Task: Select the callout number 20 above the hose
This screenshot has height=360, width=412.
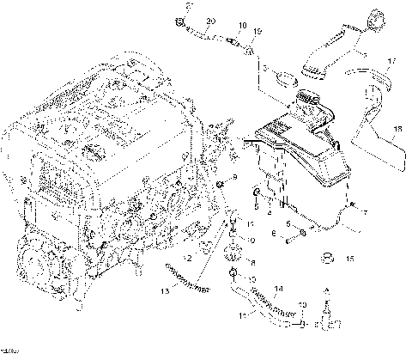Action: (211, 20)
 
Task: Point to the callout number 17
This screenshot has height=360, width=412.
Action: (391, 61)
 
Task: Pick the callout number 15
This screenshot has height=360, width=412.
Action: (349, 258)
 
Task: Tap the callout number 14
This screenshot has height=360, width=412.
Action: (277, 290)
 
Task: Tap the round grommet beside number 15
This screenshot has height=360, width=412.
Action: (326, 258)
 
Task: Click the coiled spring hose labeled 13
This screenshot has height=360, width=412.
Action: (189, 277)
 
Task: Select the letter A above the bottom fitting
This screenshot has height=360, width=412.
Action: (325, 292)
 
